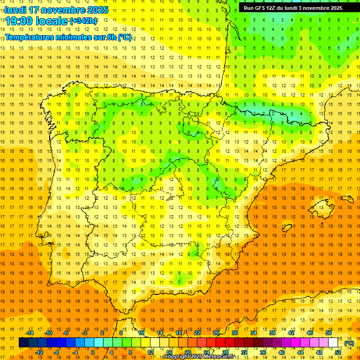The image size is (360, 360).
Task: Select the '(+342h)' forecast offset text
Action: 83,21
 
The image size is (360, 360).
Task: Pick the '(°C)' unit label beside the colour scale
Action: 349,343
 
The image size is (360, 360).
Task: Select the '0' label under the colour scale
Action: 93,352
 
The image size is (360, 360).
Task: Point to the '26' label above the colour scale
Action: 216,333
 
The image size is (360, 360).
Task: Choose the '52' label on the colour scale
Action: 338,352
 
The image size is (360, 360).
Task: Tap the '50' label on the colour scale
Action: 329,333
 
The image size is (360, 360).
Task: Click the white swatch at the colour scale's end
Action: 333,343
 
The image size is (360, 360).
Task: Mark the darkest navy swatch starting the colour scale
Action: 23,343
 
